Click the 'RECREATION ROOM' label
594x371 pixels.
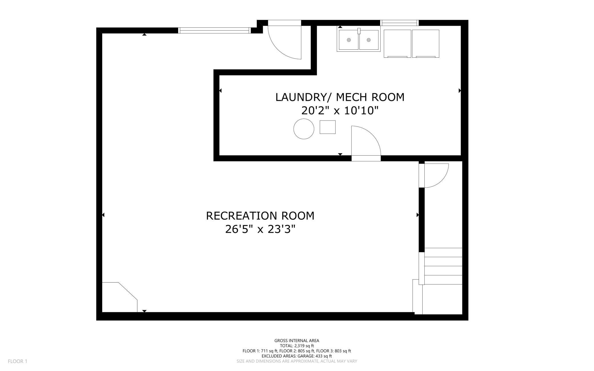click(x=260, y=216)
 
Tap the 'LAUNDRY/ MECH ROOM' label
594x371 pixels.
click(x=340, y=97)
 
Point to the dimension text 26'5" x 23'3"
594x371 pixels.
click(x=260, y=229)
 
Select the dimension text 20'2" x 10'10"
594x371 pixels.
click(x=340, y=110)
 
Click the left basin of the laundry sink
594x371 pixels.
click(x=349, y=40)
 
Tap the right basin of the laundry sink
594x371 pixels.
click(x=369, y=40)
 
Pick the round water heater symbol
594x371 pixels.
click(x=304, y=129)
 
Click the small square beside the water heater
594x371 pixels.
click(x=328, y=127)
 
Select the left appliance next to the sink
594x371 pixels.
click(x=397, y=44)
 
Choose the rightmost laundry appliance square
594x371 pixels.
click(x=426, y=44)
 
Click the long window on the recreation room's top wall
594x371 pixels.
click(x=214, y=31)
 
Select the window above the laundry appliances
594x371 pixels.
click(x=400, y=23)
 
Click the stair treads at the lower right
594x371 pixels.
click(x=443, y=266)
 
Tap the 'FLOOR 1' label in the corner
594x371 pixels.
click(x=17, y=361)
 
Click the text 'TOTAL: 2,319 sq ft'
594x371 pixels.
click(x=297, y=346)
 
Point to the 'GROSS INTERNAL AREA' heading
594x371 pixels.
click(x=297, y=340)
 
